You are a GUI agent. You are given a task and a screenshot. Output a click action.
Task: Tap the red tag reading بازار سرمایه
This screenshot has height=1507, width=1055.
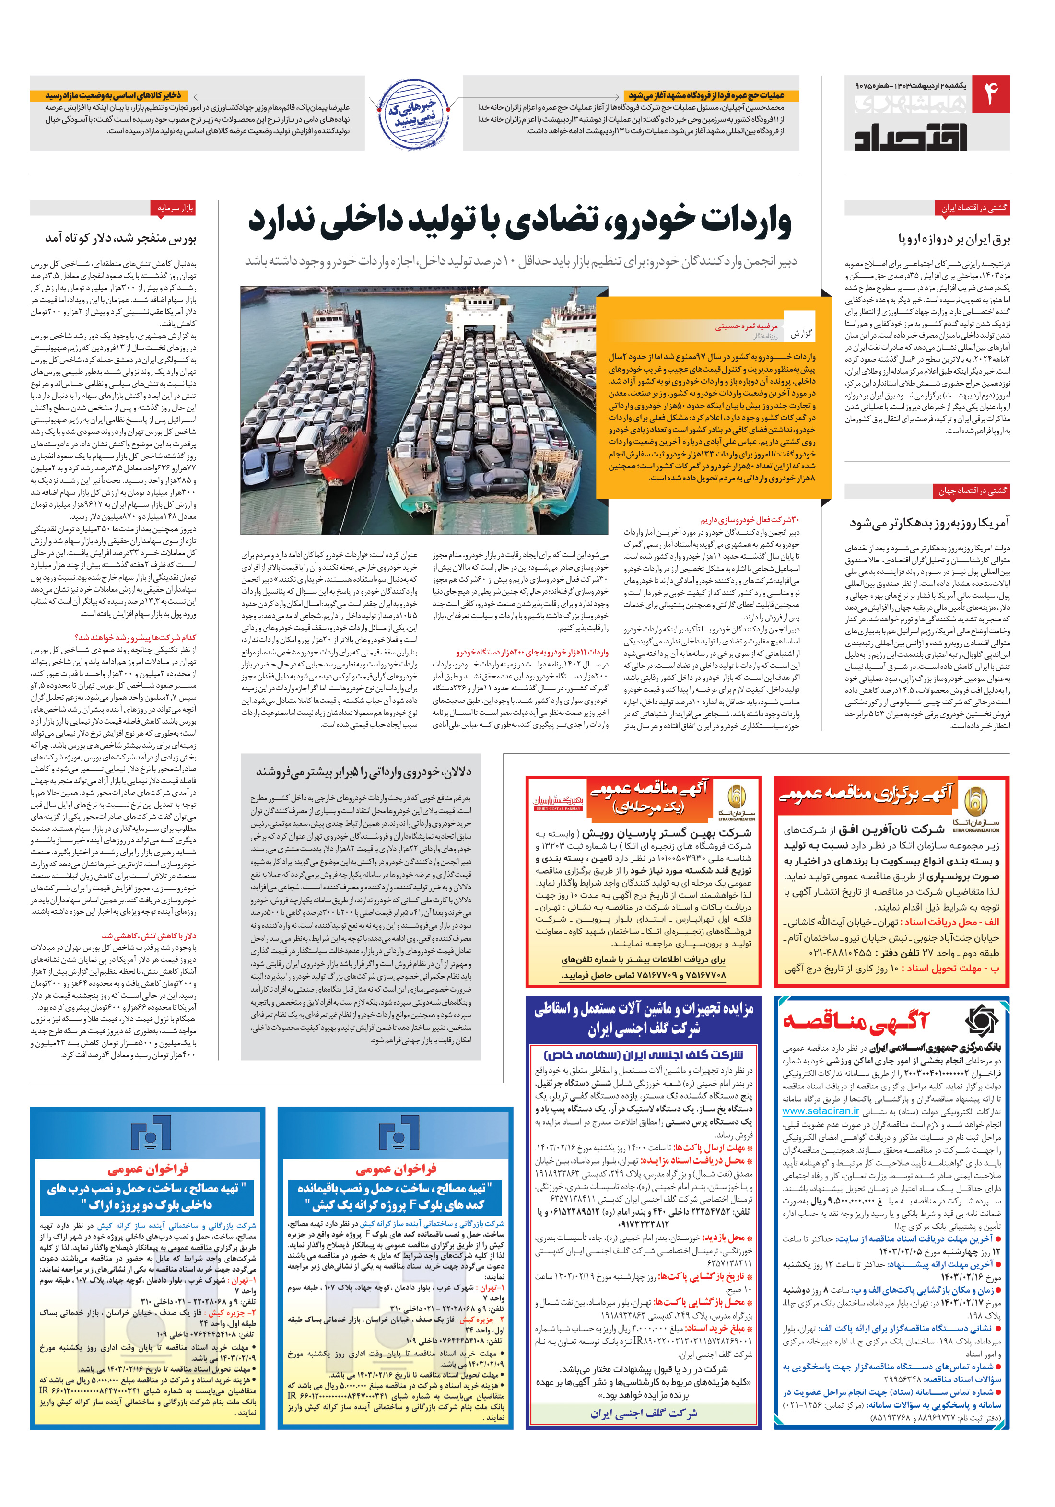(175, 208)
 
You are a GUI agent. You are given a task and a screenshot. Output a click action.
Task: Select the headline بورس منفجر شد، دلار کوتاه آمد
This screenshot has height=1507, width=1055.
(120, 238)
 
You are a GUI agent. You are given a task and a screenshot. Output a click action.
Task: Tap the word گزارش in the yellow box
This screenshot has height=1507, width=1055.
(800, 333)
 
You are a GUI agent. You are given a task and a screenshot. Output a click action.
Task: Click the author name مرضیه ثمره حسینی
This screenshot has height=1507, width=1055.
(747, 326)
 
